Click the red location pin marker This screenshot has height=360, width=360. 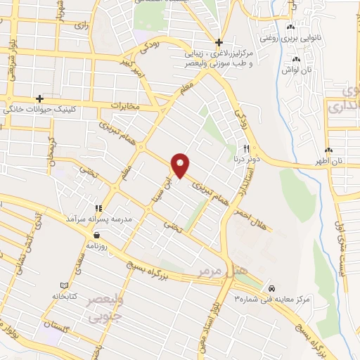(x=181, y=165)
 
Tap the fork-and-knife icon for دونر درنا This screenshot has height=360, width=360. (x=245, y=148)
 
